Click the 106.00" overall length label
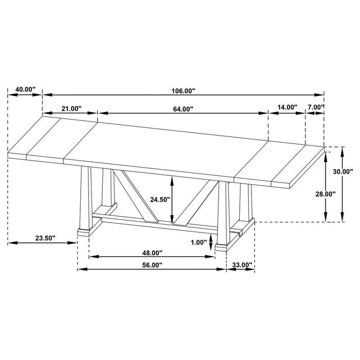pos(184,91)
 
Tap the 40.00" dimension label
pos(25,89)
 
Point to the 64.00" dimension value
pos(184,109)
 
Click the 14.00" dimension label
pos(287,107)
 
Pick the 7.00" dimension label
pos(315,107)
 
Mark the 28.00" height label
pos(325,194)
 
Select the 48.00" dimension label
pos(152,253)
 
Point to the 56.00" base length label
pos(152,265)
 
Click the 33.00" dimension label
pos(242,265)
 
